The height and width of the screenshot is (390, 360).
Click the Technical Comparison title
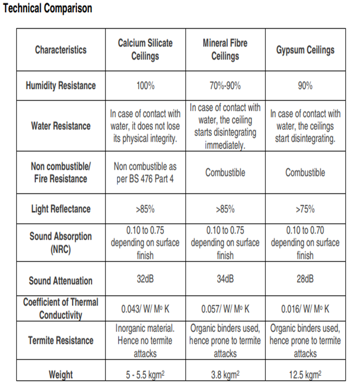[x=47, y=8]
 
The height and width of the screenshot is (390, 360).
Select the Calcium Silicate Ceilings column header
[x=145, y=50]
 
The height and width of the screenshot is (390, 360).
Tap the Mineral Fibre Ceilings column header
[x=225, y=50]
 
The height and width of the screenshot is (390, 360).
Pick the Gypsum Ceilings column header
[x=305, y=50]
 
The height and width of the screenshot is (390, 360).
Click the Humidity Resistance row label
[x=61, y=85]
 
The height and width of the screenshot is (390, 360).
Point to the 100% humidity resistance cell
[x=145, y=86]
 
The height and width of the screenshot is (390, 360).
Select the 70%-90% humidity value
[x=225, y=86]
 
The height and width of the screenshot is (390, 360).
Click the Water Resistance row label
[x=61, y=126]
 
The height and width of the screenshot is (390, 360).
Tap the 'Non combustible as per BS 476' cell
[x=145, y=173]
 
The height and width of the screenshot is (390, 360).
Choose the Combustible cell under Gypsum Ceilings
[x=305, y=173]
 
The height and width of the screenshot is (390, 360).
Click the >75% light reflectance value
[x=305, y=209]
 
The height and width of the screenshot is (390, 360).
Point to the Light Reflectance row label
[x=61, y=209]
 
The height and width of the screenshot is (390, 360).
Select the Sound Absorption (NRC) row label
[x=61, y=243]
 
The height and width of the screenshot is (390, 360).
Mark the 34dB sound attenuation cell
[x=225, y=278]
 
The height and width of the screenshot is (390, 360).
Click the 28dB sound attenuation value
[x=305, y=278]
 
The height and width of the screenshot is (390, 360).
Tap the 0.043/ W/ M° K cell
[x=145, y=309]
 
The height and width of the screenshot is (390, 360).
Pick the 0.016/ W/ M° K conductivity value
[x=305, y=309]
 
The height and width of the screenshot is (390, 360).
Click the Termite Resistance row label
[x=61, y=340]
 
